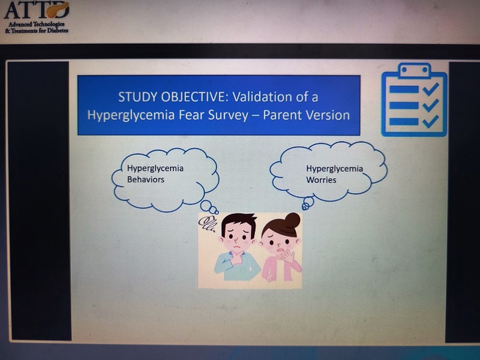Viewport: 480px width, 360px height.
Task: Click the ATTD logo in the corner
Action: (37, 17)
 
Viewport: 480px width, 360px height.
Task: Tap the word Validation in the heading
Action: (261, 97)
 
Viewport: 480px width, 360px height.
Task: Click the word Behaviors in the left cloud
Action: (146, 179)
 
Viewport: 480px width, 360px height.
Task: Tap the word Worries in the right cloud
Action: (321, 179)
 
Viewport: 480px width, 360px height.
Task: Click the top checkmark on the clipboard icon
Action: (431, 89)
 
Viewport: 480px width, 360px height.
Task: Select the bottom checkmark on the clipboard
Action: (431, 121)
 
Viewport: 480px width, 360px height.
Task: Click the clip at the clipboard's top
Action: (414, 70)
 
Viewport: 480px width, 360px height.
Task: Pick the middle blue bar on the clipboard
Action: (404, 106)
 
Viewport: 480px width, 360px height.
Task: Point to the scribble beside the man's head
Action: (207, 224)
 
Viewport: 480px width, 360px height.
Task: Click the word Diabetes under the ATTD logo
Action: (58, 31)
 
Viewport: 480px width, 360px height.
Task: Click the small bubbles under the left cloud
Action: (209, 207)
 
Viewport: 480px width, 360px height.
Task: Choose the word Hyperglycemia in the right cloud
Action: (334, 169)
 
